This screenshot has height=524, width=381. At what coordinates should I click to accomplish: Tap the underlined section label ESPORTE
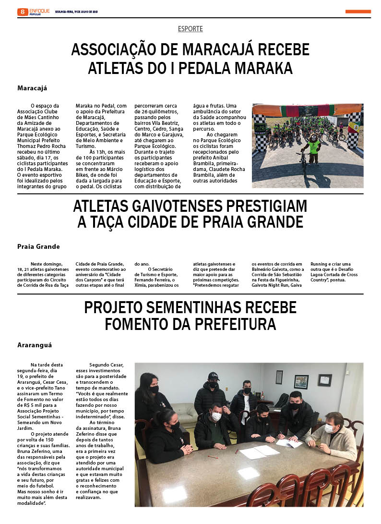(190, 29)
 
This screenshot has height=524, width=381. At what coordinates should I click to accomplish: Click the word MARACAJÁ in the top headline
(208, 50)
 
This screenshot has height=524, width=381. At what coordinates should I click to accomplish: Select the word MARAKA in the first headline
(263, 68)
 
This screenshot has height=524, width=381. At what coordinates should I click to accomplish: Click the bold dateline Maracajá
(32, 88)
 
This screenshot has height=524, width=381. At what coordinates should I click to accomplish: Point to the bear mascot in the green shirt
(313, 146)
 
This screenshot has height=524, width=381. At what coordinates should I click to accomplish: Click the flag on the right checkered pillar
(354, 128)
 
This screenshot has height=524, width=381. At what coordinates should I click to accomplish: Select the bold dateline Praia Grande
(38, 246)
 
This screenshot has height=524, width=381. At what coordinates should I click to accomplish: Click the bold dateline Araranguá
(35, 345)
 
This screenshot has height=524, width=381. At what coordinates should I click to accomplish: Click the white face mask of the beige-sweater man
(329, 428)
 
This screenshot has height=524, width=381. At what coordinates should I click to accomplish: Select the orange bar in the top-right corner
(358, 12)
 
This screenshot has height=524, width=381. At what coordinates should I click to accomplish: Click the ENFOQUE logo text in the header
(40, 10)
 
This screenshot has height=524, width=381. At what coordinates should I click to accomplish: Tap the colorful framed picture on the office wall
(301, 381)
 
